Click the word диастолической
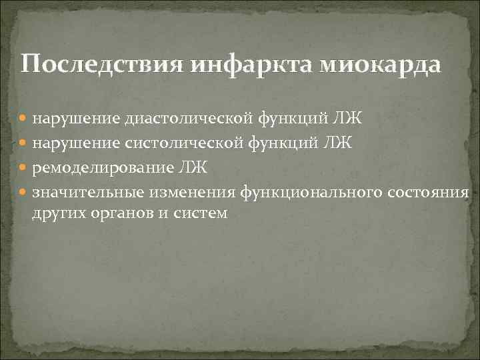[177, 119]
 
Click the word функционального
[312, 192]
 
